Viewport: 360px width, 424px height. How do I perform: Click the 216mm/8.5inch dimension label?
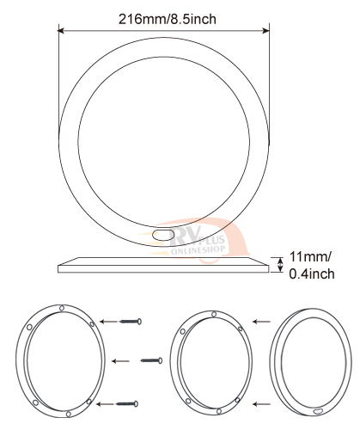[x=168, y=20]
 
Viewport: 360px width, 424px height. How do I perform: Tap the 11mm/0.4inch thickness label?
[x=312, y=265]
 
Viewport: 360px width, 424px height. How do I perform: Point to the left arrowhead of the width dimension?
[x=61, y=30]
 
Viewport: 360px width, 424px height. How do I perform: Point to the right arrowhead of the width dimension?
[x=266, y=30]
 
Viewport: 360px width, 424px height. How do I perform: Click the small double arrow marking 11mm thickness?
[x=280, y=264]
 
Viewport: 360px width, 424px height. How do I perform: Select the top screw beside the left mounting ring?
[x=131, y=322]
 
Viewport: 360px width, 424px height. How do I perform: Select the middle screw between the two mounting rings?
[x=152, y=360]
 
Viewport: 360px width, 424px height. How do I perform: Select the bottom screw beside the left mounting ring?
[x=127, y=404]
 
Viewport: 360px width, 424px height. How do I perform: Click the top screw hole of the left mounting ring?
[x=62, y=308]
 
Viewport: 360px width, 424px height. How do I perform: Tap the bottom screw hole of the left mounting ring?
[x=69, y=414]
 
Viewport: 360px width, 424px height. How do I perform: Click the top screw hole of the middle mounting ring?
[x=214, y=315]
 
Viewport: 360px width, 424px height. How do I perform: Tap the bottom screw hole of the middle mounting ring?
[x=219, y=411]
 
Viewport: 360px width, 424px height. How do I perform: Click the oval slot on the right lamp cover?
[x=318, y=411]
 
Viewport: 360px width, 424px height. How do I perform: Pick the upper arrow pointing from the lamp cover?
[x=261, y=322]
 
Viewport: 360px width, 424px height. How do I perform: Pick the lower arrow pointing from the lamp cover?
[x=261, y=404]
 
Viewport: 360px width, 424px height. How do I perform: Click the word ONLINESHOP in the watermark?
[x=198, y=250]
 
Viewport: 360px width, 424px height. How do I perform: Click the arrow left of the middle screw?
[x=120, y=361]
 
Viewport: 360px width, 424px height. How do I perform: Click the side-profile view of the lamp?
[x=163, y=265]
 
